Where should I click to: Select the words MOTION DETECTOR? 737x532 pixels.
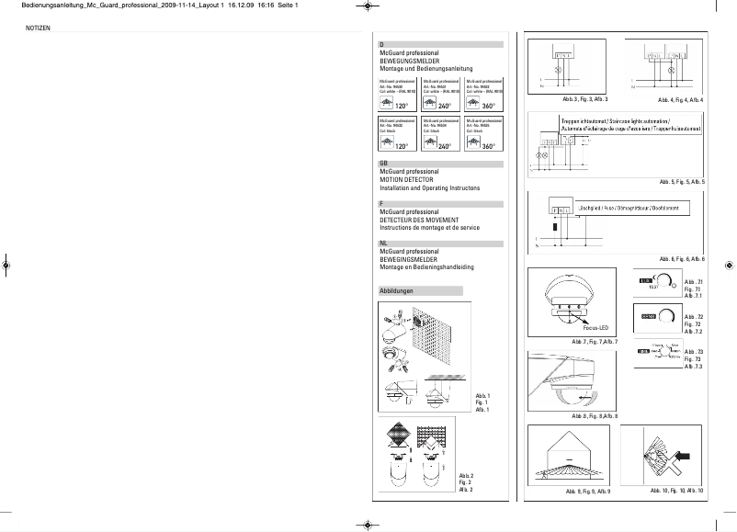406,179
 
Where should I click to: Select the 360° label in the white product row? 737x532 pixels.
488,108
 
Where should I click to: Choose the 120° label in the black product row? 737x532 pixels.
401,146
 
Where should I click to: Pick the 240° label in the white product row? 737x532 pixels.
444,108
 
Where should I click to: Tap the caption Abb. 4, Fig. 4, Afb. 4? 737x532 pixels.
680,98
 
